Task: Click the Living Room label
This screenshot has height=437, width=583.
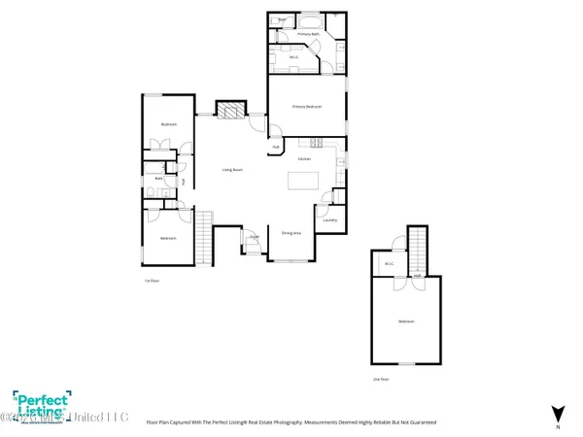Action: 231,170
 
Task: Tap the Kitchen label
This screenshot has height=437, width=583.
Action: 304,158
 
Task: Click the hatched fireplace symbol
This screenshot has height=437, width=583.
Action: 229,111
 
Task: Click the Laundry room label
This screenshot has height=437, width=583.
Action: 330,220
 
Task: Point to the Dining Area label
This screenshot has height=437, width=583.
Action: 291,233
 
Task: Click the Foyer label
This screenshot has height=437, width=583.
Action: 254,236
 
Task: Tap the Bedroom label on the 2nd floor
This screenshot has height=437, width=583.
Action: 405,321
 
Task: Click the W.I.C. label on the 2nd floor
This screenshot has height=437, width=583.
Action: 389,262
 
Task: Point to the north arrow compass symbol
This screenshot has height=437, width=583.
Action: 557,413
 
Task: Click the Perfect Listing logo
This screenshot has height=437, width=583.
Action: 41,403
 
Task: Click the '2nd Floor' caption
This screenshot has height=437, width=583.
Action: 381,379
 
